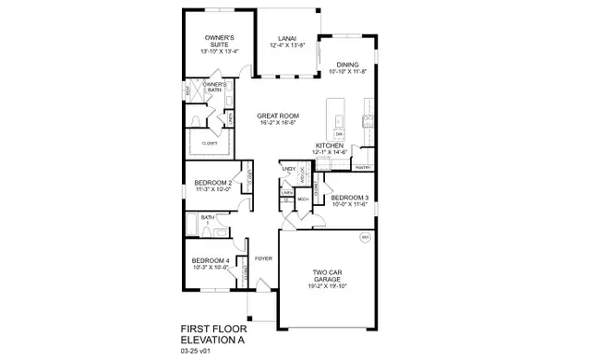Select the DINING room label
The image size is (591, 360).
(347, 64)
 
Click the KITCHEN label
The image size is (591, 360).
(330, 146)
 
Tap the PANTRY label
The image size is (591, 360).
(362, 167)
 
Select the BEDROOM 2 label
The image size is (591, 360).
(207, 183)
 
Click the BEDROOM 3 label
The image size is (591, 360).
(349, 198)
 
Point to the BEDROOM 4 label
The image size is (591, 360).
(209, 261)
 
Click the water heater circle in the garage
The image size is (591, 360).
(365, 239)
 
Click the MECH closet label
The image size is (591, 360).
(303, 199)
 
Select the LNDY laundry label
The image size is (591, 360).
(289, 170)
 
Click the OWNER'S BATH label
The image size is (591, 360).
(214, 88)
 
